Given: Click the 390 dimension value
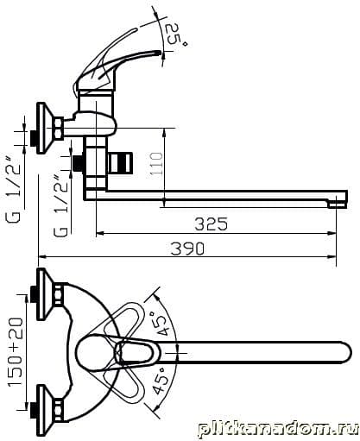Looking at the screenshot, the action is pos(187,249).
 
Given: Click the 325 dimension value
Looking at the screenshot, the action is pos(211,224).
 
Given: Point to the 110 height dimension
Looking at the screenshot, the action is pos(157,163).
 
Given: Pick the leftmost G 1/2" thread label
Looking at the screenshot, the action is pos(14,190).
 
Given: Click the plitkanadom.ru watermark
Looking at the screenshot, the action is pos(278,430).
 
